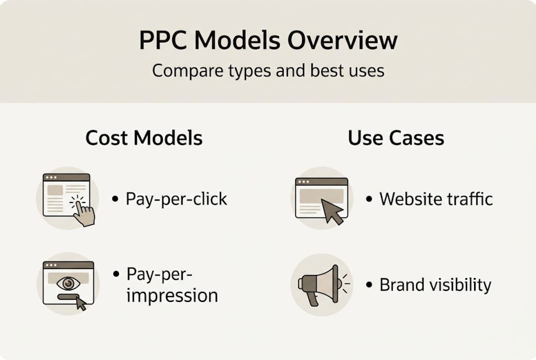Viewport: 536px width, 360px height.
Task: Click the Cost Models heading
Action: [144, 138]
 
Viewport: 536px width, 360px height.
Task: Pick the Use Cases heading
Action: [396, 138]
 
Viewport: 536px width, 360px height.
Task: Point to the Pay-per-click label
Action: [176, 199]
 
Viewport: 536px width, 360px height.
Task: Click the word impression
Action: [172, 295]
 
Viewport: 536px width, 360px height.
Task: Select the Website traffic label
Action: [436, 199]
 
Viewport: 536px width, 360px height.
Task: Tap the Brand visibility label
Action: [435, 285]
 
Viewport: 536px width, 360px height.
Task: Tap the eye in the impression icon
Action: [68, 283]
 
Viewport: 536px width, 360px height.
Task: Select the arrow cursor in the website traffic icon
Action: [332, 211]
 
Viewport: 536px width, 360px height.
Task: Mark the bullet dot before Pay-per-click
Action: [115, 199]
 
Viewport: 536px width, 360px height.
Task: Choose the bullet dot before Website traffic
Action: [369, 199]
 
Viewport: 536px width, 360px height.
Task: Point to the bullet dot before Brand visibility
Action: [369, 285]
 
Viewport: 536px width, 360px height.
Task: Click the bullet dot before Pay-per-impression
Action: [116, 274]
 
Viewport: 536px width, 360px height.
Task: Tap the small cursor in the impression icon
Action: [80, 303]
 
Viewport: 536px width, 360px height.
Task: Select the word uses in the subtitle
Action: [367, 70]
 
